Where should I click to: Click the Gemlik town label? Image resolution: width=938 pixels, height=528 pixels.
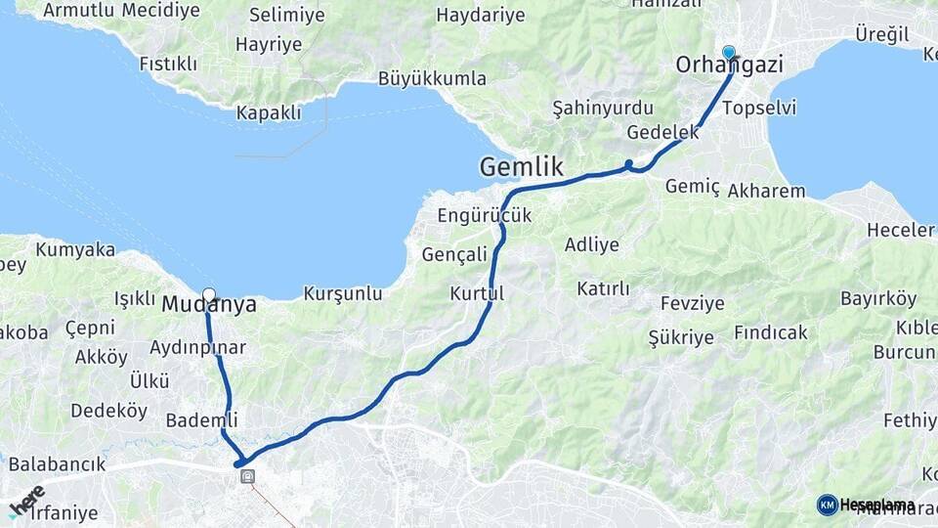(x=521, y=167)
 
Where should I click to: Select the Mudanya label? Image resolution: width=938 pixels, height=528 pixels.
(x=209, y=305)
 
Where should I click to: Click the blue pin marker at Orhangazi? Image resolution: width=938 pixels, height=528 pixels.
(x=729, y=52)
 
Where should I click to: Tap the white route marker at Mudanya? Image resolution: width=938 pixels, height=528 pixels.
(x=209, y=293)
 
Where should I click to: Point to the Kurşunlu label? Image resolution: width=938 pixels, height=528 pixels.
(x=343, y=293)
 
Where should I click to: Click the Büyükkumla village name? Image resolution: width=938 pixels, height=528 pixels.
(x=432, y=78)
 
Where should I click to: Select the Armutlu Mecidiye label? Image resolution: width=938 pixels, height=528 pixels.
(x=122, y=11)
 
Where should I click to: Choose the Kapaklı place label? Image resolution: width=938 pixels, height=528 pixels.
(x=269, y=113)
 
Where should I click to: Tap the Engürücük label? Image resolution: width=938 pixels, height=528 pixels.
(x=485, y=215)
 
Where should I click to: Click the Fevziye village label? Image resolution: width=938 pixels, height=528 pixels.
(x=692, y=303)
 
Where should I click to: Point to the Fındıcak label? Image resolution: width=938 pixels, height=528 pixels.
(x=771, y=332)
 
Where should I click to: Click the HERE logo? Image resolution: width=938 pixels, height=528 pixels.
(x=26, y=501)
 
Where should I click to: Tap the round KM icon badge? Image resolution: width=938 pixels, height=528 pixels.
(x=827, y=505)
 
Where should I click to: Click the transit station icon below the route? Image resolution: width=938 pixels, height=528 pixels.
(x=248, y=477)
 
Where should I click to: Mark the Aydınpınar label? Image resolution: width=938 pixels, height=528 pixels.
(x=197, y=347)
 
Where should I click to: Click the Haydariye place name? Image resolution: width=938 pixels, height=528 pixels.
(x=480, y=15)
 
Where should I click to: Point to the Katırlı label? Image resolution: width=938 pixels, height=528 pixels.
(x=603, y=288)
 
